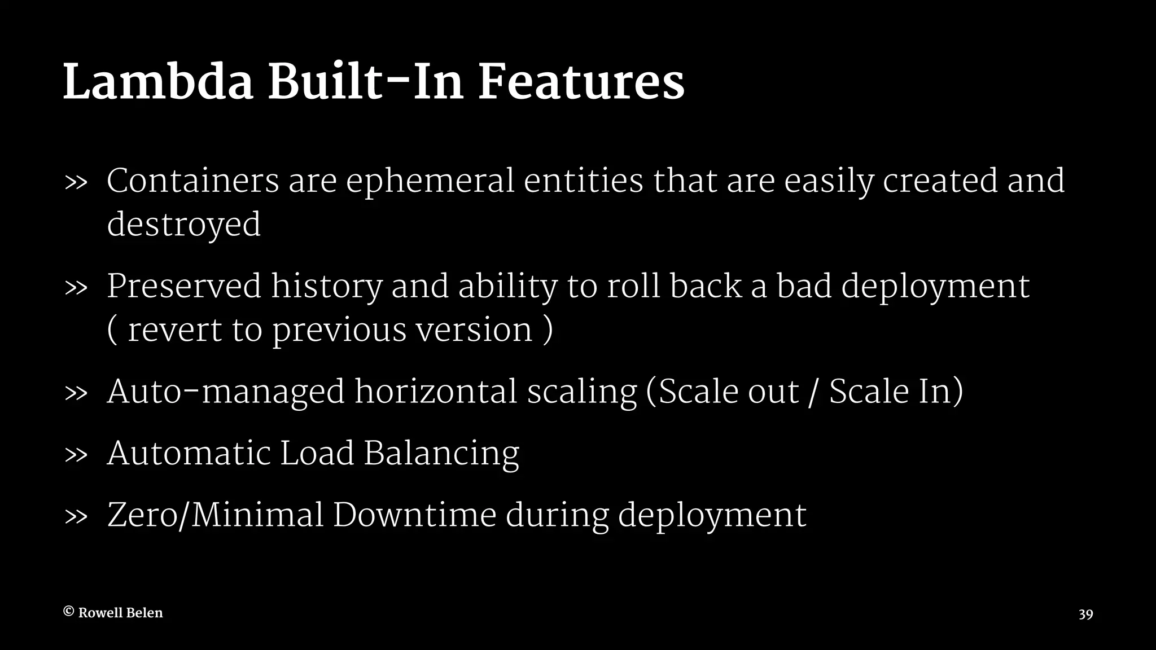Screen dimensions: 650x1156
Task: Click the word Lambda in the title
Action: pyautogui.click(x=158, y=83)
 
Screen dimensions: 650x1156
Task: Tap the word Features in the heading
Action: pyautogui.click(x=581, y=83)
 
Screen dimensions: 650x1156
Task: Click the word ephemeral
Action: pyautogui.click(x=430, y=181)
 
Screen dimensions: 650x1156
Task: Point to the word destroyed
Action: pyautogui.click(x=184, y=224)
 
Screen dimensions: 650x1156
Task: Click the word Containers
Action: pyautogui.click(x=193, y=181)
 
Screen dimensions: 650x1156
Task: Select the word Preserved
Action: pyautogui.click(x=184, y=286)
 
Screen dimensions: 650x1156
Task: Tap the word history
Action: pyautogui.click(x=327, y=286)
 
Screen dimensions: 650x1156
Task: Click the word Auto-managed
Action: pyautogui.click(x=226, y=392)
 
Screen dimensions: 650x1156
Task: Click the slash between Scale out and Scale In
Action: pyautogui.click(x=813, y=393)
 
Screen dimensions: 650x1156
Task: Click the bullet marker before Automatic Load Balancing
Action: pyautogui.click(x=76, y=455)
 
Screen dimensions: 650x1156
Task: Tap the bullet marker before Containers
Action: pyautogui.click(x=76, y=183)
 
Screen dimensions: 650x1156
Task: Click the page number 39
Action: pyautogui.click(x=1085, y=614)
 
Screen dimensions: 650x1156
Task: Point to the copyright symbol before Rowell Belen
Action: pyautogui.click(x=68, y=612)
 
